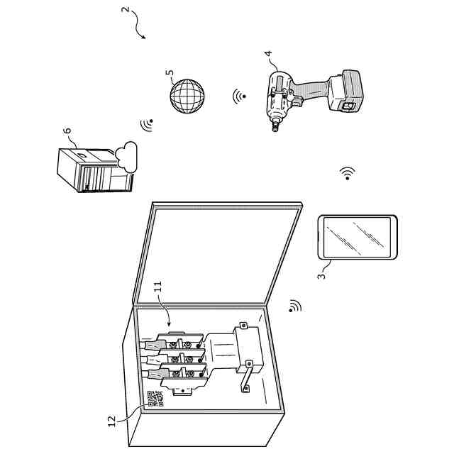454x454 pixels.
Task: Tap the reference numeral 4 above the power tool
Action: point(267,55)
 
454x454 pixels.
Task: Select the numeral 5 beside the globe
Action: point(169,73)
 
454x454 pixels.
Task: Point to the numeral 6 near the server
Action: point(67,131)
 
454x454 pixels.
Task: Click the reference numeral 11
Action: point(157,288)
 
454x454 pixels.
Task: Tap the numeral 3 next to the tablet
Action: point(321,272)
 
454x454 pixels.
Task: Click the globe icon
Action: point(187,94)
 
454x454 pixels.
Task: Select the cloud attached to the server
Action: point(127,154)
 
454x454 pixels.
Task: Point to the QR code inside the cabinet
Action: point(155,399)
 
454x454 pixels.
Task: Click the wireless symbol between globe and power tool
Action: point(239,96)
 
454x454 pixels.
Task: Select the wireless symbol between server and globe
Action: point(148,125)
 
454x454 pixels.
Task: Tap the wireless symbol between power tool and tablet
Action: point(347,173)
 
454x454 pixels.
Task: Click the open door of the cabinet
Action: point(220,255)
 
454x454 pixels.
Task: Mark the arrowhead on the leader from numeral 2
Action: point(144,38)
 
